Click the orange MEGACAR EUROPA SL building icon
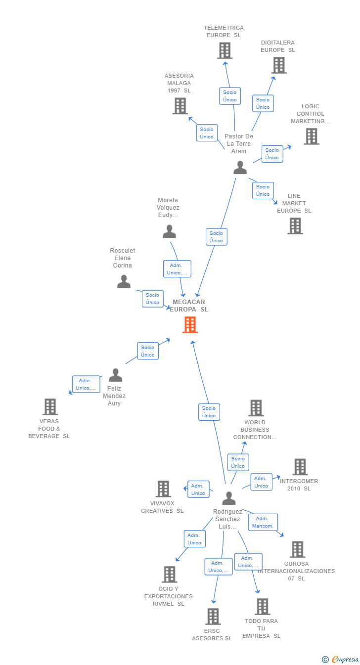pos(190,325)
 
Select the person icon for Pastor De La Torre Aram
pos(240,168)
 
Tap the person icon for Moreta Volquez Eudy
pos(169,231)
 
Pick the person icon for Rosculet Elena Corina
pos(124,281)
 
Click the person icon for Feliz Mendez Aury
pos(115,375)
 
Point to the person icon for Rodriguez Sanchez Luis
pos(228,498)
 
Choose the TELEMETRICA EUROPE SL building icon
pos(225,50)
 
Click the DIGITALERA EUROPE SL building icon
pos(278,65)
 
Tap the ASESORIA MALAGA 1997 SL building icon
pos(180,106)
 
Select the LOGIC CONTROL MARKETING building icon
pos(311,136)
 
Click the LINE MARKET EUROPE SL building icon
pos(295,226)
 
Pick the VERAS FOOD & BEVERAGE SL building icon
pos(49,407)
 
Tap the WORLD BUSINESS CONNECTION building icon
pos(256,408)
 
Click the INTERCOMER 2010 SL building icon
pos(300,467)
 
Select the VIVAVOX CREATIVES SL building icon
pos(163,489)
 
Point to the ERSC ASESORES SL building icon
pos(213,617)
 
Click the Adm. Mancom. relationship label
pos(263,522)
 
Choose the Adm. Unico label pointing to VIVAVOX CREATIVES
pos(198,489)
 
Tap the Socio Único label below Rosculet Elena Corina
pos(152,299)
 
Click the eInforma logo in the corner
pos(341,659)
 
